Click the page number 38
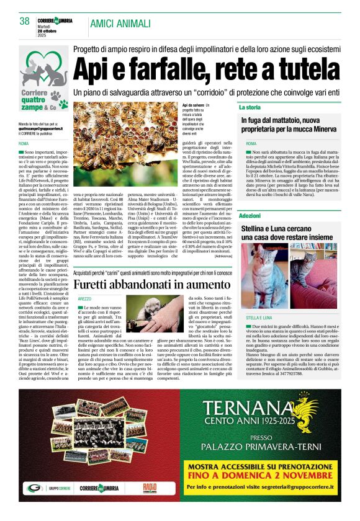[x=25, y=21]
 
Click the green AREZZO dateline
[x=84, y=299]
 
